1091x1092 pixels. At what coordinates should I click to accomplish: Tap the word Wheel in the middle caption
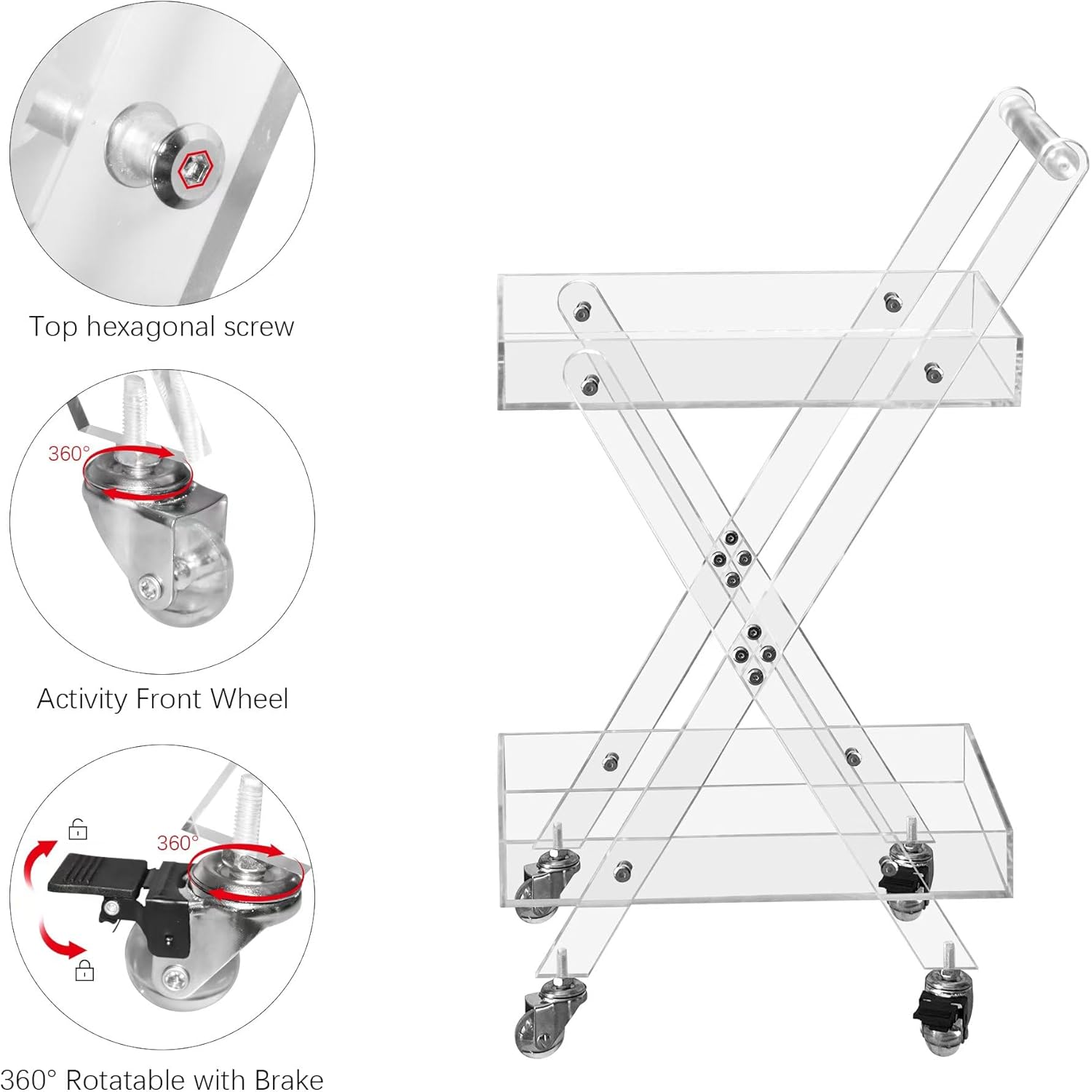coord(250,699)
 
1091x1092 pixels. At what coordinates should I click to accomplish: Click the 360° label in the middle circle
coord(68,454)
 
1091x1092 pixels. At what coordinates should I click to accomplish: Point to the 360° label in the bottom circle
coord(178,842)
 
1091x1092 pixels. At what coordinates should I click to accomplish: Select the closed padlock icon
coord(85,970)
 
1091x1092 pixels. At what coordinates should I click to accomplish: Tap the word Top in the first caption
coord(53,328)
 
